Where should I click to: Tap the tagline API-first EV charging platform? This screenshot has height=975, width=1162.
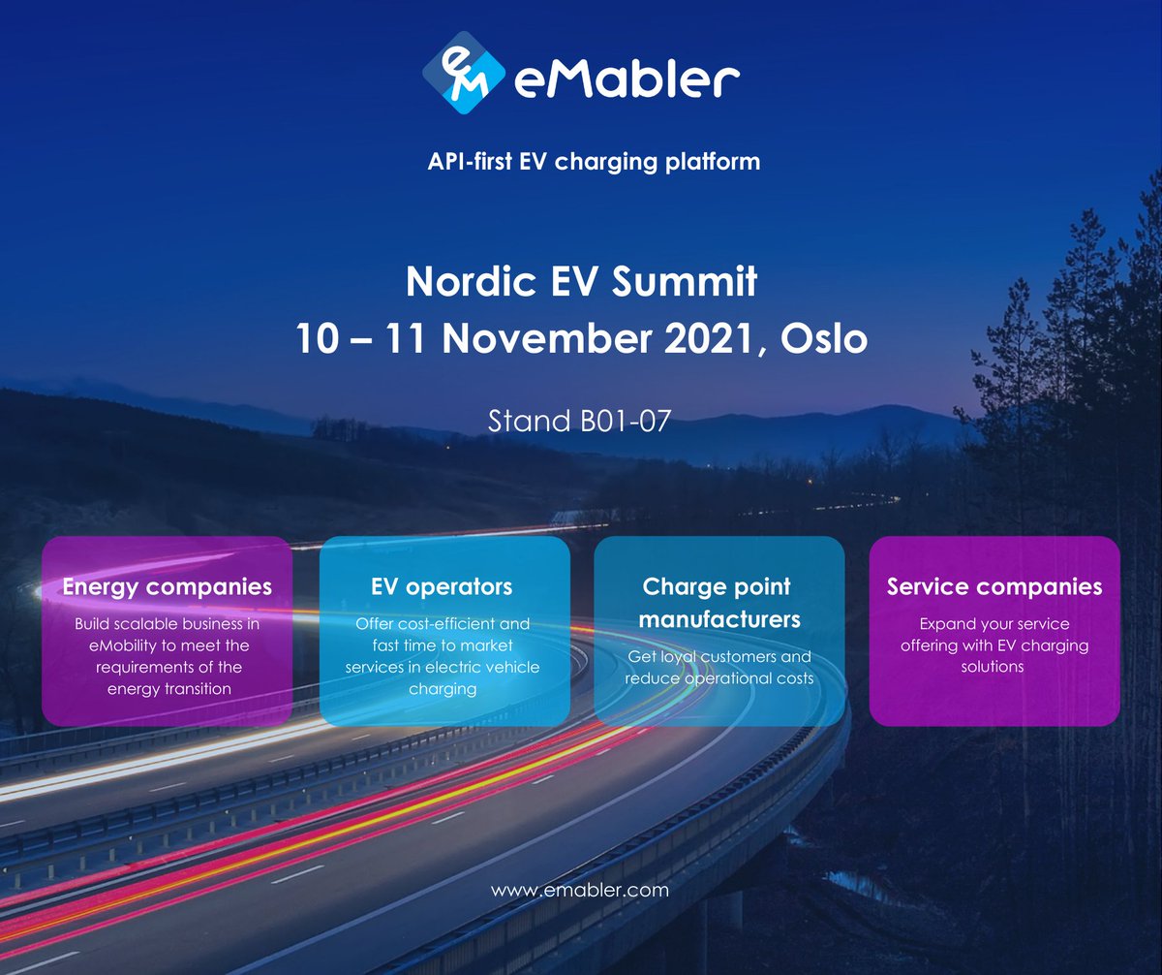594,161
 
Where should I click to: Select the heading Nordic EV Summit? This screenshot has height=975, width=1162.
581,282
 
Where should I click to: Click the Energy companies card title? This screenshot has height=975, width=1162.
167,586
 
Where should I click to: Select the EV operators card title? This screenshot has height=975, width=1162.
442,586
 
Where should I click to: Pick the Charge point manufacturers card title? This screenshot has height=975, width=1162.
717,602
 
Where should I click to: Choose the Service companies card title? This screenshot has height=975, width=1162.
994,586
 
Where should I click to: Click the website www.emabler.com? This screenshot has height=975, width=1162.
580,890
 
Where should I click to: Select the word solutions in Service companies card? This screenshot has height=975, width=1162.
994,668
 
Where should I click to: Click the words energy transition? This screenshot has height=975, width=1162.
169,689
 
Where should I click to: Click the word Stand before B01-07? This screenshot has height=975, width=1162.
529,422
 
